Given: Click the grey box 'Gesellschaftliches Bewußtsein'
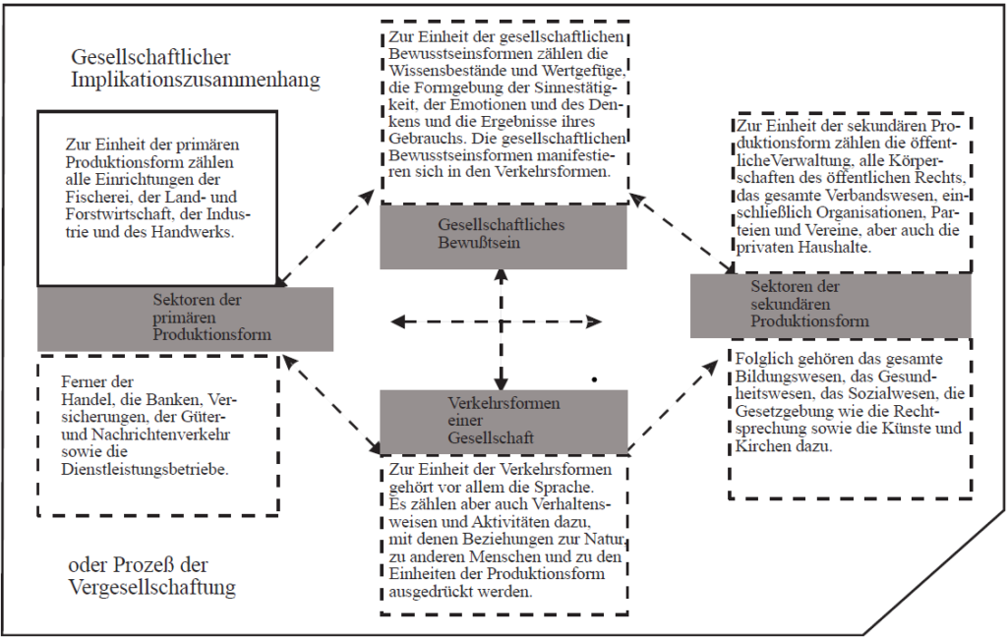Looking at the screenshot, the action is click(x=503, y=236).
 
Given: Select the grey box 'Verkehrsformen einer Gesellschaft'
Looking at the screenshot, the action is click(x=503, y=422).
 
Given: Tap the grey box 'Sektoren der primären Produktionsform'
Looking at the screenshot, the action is click(x=185, y=319).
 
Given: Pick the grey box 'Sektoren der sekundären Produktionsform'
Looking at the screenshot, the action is click(x=830, y=306).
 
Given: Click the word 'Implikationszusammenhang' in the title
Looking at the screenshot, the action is click(x=196, y=81).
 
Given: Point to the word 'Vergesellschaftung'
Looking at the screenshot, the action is click(x=152, y=588).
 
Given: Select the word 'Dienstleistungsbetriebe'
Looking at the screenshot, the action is click(x=146, y=469).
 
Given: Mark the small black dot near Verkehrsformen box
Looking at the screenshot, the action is click(x=595, y=380).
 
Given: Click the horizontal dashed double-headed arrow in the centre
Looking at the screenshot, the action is click(x=497, y=320).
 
